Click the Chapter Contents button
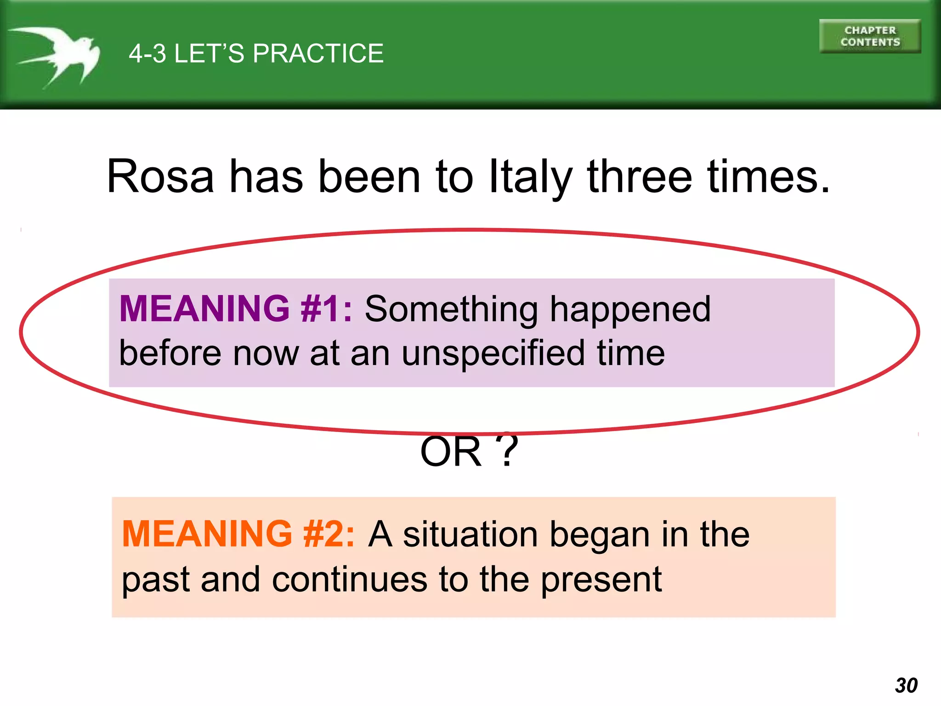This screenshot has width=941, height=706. tap(870, 36)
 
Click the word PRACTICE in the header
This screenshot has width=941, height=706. tap(318, 53)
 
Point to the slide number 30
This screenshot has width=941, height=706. tap(906, 685)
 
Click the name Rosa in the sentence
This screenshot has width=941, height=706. tap(160, 176)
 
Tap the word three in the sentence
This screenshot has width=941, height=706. tap(640, 176)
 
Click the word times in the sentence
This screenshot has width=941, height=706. tap(768, 176)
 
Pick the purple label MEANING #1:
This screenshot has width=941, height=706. tap(236, 308)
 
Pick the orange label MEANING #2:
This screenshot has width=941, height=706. tap(238, 534)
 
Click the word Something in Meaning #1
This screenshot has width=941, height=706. tap(451, 309)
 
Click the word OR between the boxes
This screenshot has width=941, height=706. tap(451, 452)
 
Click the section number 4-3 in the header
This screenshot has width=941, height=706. tap(147, 53)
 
